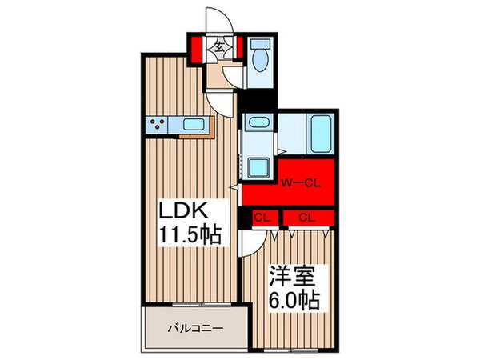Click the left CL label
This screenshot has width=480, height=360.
click(x=261, y=217)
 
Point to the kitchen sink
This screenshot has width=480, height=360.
click(x=194, y=124)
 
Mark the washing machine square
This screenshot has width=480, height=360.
click(x=259, y=166)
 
